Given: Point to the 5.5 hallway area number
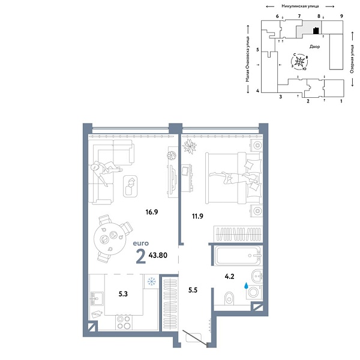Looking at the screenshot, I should (192, 290).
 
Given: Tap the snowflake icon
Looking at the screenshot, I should (151, 281).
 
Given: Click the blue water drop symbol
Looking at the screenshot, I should (245, 286).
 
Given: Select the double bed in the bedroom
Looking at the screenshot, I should (231, 174).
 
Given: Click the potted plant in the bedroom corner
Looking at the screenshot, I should (190, 145).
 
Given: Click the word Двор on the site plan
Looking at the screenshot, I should (316, 46).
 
